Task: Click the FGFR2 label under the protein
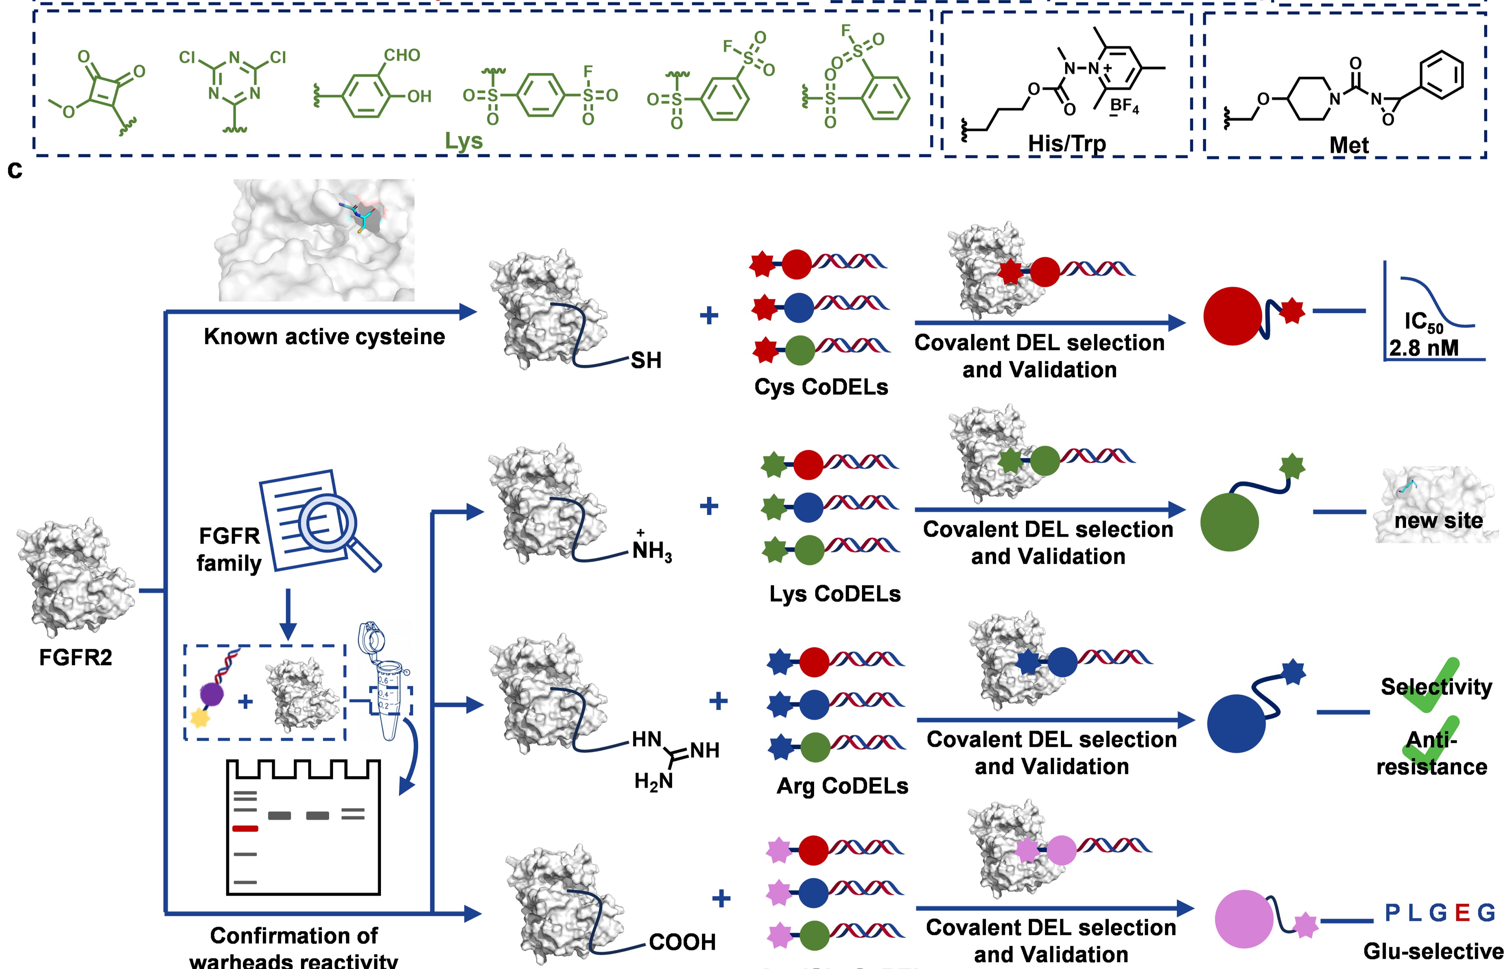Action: point(75,658)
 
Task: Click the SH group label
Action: point(646,361)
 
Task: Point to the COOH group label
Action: point(682,942)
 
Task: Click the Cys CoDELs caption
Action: point(821,387)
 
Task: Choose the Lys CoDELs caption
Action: point(835,594)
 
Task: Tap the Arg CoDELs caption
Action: point(842,786)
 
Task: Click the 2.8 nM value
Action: point(1423,348)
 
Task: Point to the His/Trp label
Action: point(1067,144)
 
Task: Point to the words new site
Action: point(1439,521)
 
